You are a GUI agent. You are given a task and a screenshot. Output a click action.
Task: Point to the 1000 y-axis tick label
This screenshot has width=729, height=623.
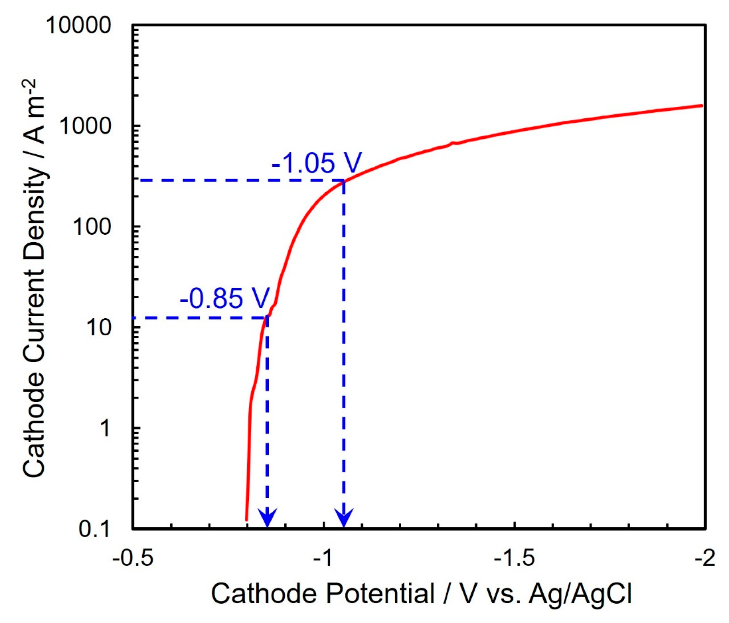[x=85, y=126]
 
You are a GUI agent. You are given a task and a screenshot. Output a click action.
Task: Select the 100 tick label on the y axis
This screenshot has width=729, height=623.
[x=92, y=227]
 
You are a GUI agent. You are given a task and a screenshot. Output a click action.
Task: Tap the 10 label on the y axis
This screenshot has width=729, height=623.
[x=99, y=327]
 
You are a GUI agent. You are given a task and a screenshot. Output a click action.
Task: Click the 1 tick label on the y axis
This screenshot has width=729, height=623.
[x=105, y=428]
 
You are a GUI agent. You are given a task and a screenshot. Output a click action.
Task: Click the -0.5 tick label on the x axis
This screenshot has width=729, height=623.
[x=133, y=559]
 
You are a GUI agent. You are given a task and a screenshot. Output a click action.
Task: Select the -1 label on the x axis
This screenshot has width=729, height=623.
[x=324, y=559]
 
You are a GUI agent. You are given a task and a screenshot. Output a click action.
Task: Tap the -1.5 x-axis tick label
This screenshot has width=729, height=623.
[x=515, y=559]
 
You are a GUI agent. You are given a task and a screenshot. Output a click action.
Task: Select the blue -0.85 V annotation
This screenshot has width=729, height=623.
[x=224, y=299]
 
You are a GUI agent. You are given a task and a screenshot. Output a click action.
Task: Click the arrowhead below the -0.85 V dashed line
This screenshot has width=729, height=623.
[x=267, y=518]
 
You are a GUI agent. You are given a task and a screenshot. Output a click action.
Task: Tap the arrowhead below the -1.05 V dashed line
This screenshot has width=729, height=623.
[x=344, y=518]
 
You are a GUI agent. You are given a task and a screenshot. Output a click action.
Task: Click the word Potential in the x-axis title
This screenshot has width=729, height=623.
[x=380, y=595]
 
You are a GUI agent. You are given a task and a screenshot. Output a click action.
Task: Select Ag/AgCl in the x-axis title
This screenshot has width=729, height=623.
[x=580, y=595]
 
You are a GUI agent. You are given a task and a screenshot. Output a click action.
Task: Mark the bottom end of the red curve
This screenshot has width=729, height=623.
[x=247, y=520]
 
